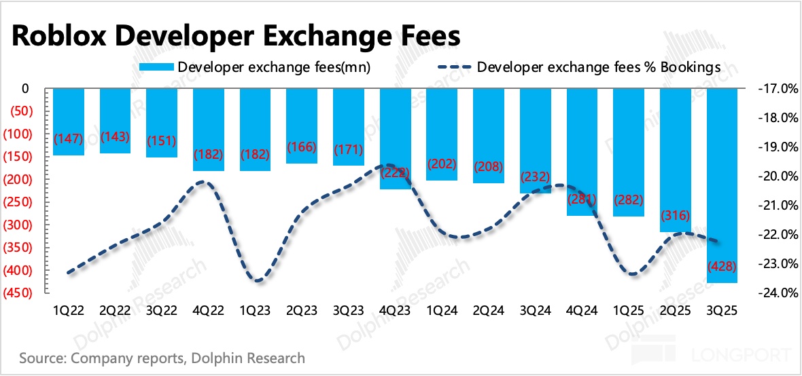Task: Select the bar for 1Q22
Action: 69,121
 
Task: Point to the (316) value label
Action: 676,216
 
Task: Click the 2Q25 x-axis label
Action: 676,310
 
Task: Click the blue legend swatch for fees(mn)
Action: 156,67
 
